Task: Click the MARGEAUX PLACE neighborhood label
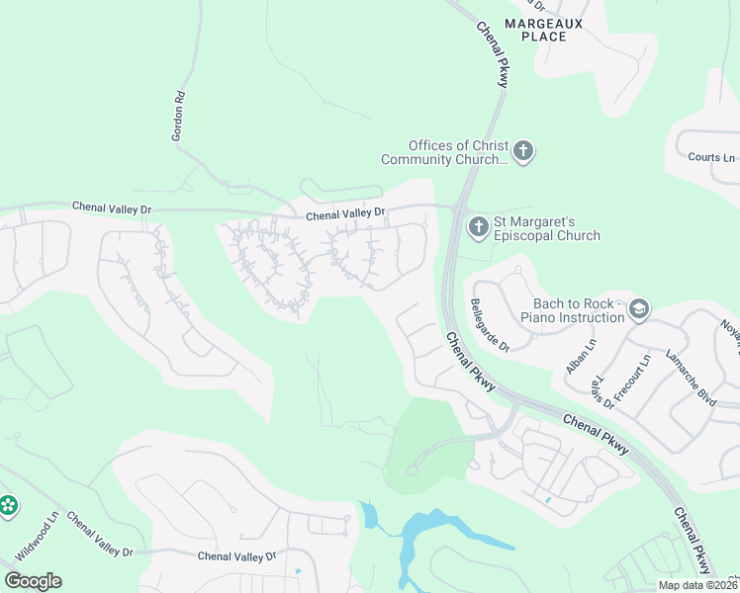pos(549,29)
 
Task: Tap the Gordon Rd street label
pos(179,118)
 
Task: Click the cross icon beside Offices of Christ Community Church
pos(523,152)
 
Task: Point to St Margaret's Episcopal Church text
pos(549,228)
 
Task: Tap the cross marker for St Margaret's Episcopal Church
pos(478,227)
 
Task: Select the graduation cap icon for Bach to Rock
pos(639,310)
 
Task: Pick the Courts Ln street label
pos(711,157)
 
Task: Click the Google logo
pos(33,581)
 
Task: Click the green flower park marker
pos(8,506)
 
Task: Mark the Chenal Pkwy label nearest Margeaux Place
pos(491,55)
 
